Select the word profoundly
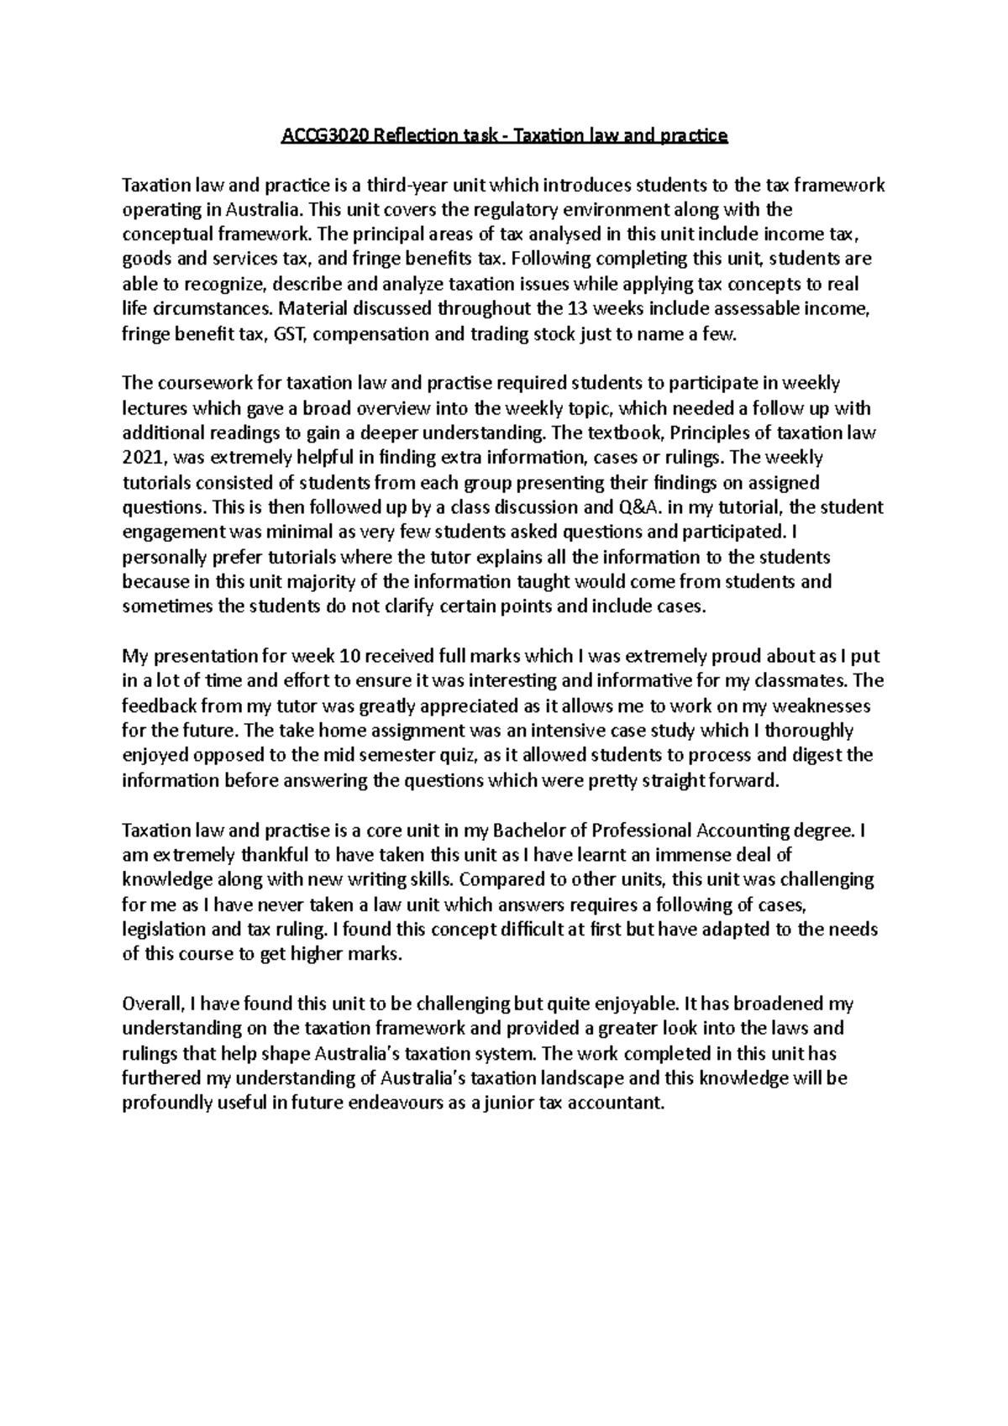166,1102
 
